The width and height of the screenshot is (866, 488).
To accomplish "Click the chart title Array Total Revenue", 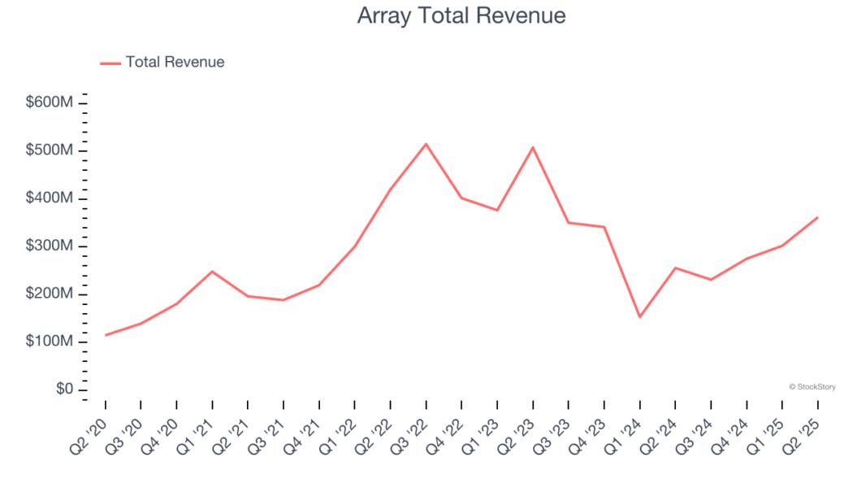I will [x=461, y=15].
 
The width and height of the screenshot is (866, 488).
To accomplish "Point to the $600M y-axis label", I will [x=51, y=102].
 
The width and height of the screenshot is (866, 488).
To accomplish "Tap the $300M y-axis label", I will [x=51, y=246].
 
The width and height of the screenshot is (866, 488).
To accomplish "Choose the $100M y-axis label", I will [x=51, y=342].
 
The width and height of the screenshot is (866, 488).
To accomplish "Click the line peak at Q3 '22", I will [x=427, y=144].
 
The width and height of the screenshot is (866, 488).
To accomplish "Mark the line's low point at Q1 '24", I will [x=640, y=316].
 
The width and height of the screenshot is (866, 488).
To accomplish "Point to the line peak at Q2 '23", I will [x=533, y=147].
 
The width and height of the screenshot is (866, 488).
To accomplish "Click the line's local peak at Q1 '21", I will [x=212, y=271].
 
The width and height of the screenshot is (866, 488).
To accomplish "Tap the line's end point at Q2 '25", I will [x=817, y=217].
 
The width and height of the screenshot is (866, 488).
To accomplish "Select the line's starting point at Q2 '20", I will [x=106, y=335].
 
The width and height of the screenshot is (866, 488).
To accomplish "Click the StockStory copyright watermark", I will [x=812, y=387].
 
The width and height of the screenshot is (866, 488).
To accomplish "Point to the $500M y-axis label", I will [x=51, y=150].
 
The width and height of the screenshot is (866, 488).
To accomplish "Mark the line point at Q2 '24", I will [x=675, y=268].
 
